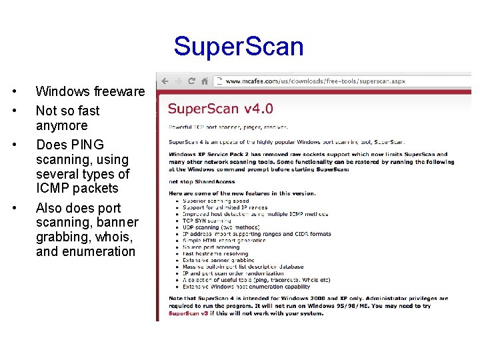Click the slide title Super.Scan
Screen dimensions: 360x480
[239, 47]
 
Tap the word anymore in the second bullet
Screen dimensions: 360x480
[61, 125]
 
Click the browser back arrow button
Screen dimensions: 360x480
[164, 81]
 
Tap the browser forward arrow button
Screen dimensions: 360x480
[178, 81]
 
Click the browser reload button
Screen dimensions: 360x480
[191, 81]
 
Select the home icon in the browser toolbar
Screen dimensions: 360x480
[205, 81]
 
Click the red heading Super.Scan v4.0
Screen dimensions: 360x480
[220, 109]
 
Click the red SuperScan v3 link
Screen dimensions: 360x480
[189, 313]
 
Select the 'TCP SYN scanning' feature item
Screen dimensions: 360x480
[205, 221]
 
